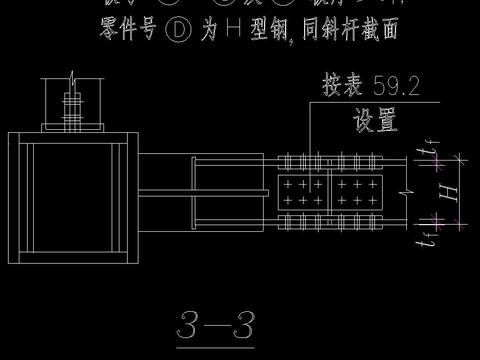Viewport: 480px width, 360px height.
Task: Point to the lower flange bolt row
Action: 330,219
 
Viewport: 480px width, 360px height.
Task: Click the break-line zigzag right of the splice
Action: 400,190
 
